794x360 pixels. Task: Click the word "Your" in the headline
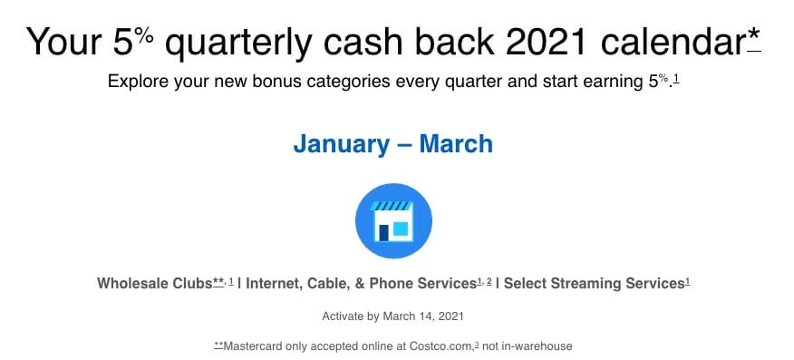tap(63, 42)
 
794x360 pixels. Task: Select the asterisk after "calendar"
tap(754, 34)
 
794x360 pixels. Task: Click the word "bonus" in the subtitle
tap(252, 82)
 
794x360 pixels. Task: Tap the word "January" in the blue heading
tap(342, 144)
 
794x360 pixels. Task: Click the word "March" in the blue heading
tap(456, 144)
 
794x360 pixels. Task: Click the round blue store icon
tap(393, 220)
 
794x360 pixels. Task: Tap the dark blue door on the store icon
tap(383, 232)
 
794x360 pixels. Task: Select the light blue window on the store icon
tap(401, 229)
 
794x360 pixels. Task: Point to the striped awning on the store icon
tap(391, 206)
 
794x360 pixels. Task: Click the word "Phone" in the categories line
tap(391, 284)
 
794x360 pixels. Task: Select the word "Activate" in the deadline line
tap(343, 316)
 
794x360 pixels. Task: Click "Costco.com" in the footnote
tap(448, 346)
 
